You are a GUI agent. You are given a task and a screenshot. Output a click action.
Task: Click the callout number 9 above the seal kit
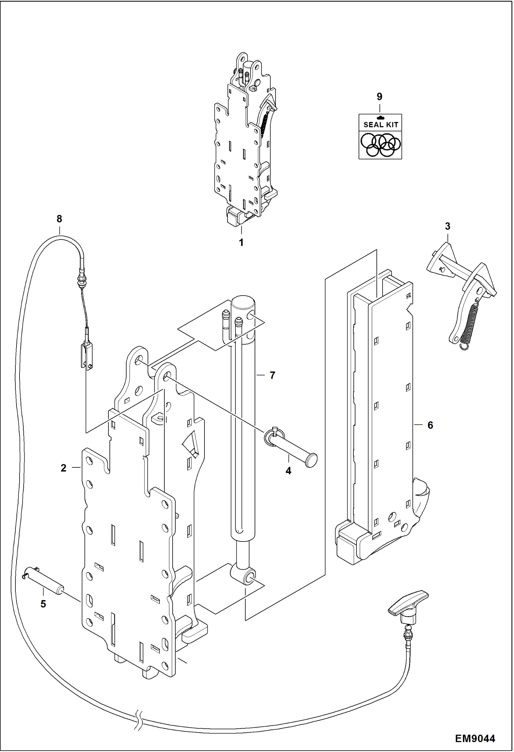point(379,97)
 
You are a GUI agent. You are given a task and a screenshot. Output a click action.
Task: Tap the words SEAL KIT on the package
point(381,125)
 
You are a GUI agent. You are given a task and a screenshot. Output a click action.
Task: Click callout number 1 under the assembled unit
point(241,242)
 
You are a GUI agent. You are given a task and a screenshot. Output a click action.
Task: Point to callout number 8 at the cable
point(59,219)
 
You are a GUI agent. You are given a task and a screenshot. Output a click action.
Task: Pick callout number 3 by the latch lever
point(447,226)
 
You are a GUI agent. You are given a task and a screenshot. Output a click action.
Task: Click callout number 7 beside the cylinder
point(272,375)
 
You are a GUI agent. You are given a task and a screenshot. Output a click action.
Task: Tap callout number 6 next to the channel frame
point(430,425)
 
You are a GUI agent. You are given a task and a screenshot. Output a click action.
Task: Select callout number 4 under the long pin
point(288,471)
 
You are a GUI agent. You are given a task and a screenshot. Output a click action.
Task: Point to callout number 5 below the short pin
point(43,604)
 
